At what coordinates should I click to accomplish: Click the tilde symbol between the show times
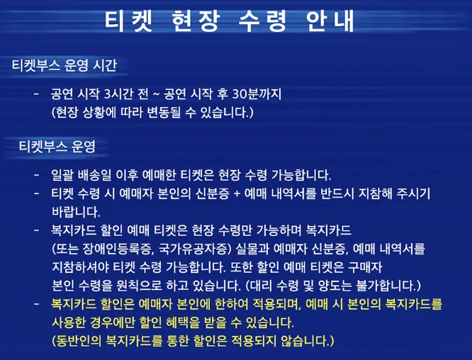(154, 94)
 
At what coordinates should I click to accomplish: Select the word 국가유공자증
(189, 249)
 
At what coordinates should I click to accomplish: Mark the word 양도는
(327, 286)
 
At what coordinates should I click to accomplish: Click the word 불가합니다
(386, 286)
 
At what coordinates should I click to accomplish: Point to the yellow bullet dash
(36, 304)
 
